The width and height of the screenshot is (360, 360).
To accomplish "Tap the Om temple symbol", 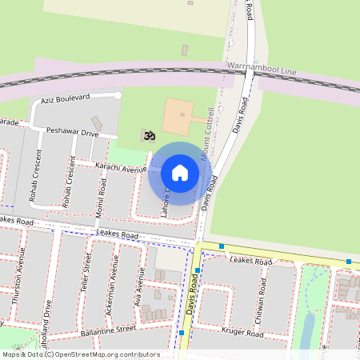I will click(148, 136).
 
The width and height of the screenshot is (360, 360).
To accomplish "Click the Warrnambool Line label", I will click(262, 70).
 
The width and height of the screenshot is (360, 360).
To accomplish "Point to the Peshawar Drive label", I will click(72, 130).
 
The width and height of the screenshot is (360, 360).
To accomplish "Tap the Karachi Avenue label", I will click(121, 166).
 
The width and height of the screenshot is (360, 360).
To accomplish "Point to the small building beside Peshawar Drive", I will click(97, 124).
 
